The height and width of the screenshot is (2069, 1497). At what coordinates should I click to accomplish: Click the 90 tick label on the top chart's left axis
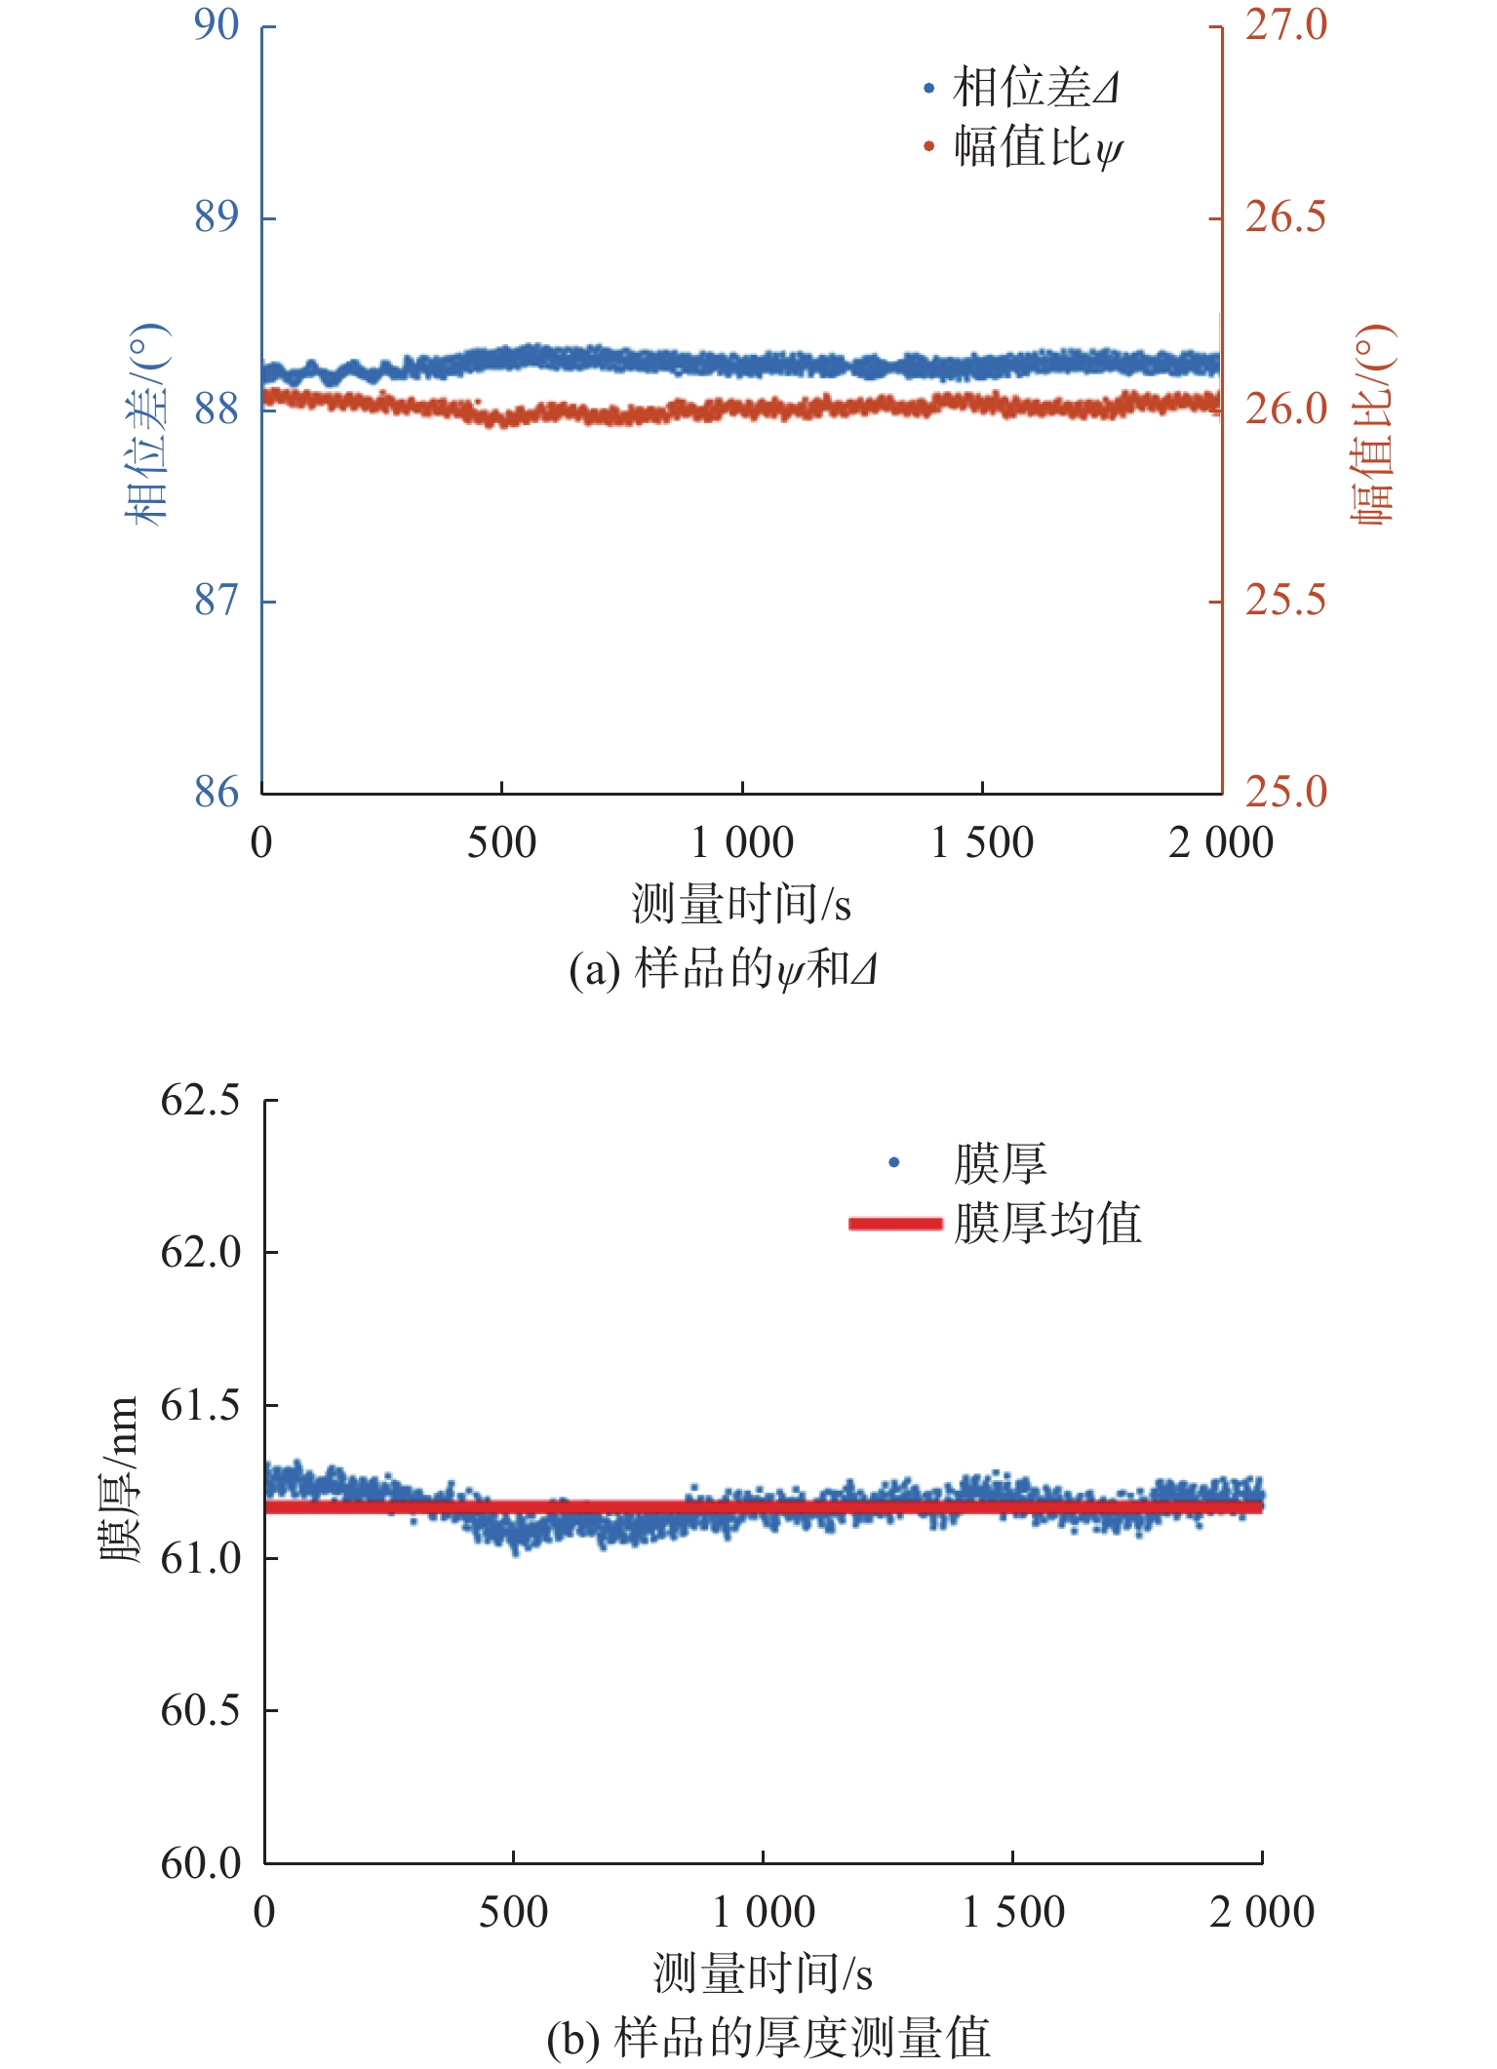(x=216, y=25)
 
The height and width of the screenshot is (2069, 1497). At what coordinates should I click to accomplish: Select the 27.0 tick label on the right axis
(x=1285, y=25)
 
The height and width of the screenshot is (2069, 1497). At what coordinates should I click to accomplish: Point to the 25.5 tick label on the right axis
(x=1285, y=600)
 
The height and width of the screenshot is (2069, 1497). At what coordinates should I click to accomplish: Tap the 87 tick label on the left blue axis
(x=216, y=600)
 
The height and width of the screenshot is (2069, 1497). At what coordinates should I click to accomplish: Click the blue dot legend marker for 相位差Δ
(x=928, y=89)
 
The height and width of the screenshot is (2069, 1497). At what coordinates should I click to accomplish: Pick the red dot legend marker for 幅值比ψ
(x=928, y=147)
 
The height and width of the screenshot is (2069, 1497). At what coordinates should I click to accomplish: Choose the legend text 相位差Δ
(x=1036, y=88)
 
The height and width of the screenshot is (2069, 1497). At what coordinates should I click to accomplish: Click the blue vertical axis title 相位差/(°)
(x=148, y=424)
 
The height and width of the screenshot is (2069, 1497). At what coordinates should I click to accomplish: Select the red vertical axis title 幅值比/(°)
(x=1372, y=424)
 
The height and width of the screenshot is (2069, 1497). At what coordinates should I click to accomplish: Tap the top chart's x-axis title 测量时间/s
(x=741, y=903)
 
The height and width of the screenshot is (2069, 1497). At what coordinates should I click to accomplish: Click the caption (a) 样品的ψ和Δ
(x=723, y=969)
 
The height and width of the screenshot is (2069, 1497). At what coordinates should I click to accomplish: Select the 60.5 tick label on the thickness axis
(x=200, y=1710)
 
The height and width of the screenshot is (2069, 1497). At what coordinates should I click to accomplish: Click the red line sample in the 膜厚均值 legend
(x=895, y=1224)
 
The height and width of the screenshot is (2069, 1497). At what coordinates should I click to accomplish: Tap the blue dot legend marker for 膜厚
(x=893, y=1162)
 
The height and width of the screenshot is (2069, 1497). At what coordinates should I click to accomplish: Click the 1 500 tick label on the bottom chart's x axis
(x=1013, y=1912)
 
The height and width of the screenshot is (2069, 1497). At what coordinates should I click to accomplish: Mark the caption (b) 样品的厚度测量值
(x=768, y=2038)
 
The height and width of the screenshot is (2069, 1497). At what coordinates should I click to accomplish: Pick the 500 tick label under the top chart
(x=501, y=842)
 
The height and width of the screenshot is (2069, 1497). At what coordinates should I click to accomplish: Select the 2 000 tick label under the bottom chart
(x=1262, y=1912)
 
